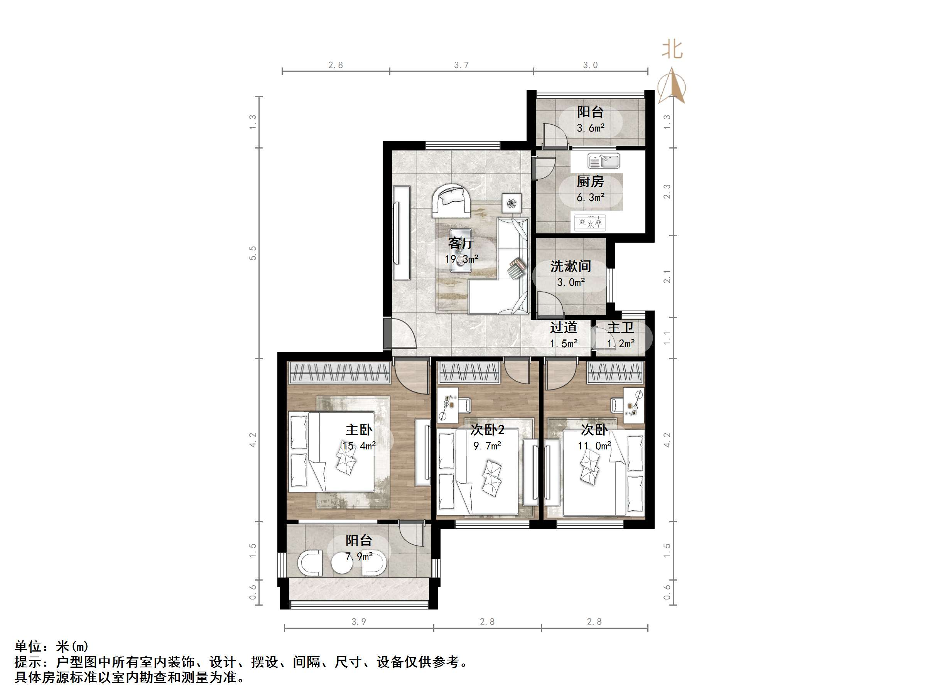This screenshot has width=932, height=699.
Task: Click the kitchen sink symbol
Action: pos(603,161)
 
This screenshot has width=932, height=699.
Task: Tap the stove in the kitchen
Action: pos(589,222)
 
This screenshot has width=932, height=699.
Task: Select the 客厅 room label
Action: pos(461,243)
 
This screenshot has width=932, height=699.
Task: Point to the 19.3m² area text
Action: pos(461,259)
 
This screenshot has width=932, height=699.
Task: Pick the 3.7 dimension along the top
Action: pos(461,65)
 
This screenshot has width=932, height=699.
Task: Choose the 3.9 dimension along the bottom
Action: pos(358,621)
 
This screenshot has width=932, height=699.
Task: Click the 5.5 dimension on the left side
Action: pos(252,253)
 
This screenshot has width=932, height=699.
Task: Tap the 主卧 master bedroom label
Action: pos(359,430)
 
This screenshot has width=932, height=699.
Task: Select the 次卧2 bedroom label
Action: pos(488,430)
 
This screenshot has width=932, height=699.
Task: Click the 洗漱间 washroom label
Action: pos(571,266)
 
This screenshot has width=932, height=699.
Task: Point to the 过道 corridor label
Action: pos(563,328)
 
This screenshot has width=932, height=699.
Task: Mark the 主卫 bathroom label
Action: pos(621,328)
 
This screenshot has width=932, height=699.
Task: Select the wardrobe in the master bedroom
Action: pos(339,373)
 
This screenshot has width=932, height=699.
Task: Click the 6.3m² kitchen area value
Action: pos(590,197)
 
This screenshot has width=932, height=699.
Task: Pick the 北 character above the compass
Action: pos(672,49)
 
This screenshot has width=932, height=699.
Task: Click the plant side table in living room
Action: pos(512,204)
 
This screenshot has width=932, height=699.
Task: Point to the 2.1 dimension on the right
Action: pos(667,276)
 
